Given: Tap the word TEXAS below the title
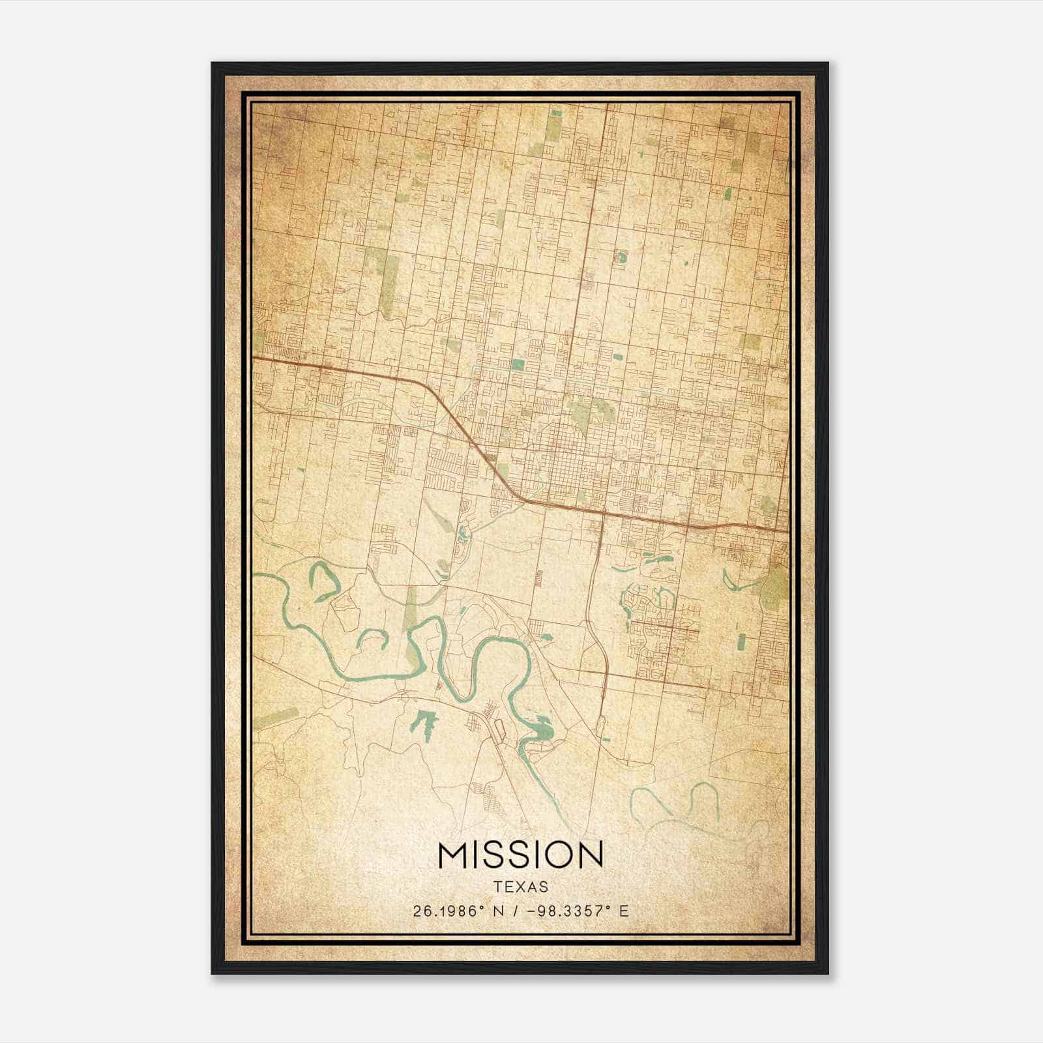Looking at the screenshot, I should click(x=521, y=887).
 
